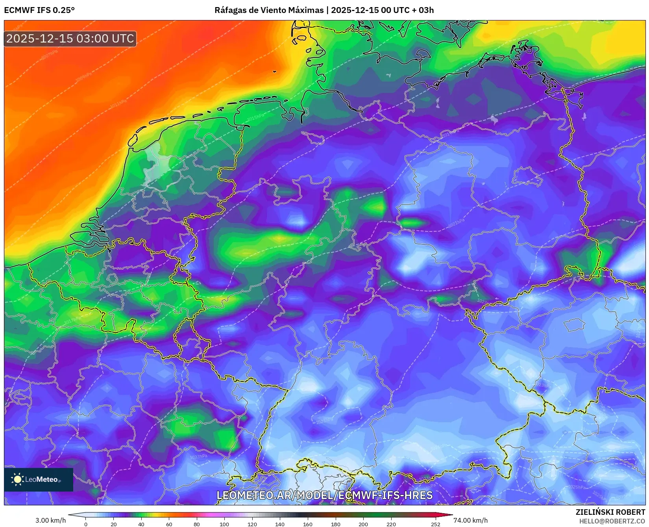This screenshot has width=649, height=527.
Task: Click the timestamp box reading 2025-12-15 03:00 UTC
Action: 70,39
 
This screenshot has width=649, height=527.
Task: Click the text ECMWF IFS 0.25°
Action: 39,10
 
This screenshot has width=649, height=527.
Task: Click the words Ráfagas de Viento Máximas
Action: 269,10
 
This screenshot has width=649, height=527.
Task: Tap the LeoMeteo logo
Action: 38,479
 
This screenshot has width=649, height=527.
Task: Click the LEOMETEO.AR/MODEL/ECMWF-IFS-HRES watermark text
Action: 325,495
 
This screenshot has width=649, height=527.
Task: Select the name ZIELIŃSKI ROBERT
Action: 610,512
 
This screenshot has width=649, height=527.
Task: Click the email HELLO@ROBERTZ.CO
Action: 612,521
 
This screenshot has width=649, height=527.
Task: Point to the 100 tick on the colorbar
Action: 224,524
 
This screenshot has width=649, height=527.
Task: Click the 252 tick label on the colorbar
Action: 435,524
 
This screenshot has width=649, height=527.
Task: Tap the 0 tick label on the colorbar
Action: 86,524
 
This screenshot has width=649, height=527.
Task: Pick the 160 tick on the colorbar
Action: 308,524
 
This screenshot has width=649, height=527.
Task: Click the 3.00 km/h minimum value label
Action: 51,520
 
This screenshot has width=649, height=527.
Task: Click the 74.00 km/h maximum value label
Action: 470,520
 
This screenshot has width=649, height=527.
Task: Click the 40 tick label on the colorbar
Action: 141,524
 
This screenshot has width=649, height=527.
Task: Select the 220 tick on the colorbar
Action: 391,524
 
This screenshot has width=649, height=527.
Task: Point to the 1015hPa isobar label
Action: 256,117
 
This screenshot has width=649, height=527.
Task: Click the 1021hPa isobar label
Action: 456,223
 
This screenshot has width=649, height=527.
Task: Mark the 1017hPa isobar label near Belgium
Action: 72,320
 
